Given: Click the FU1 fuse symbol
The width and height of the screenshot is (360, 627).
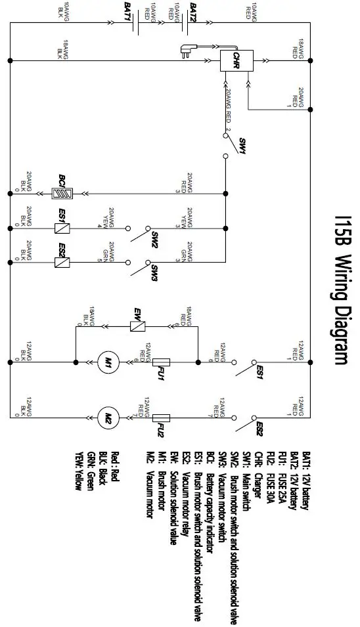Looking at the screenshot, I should coord(161,360).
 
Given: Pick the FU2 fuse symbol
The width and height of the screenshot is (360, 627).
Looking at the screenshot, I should coord(161,416).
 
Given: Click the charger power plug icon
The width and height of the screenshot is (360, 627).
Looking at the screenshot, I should coord(187,48).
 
